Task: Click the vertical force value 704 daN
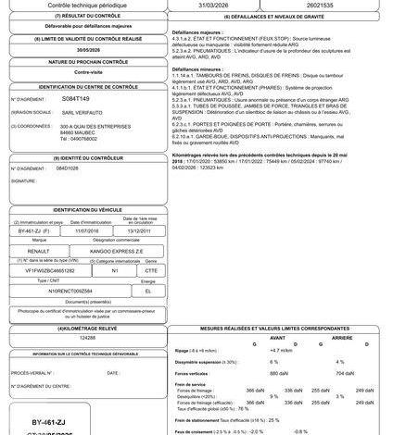(x=344, y=372)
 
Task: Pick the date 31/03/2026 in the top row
(x=224, y=6)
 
